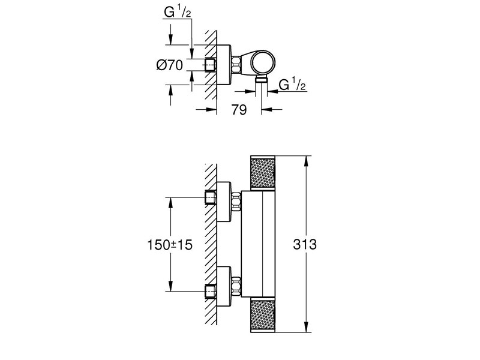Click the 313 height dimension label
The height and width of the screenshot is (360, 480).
305,245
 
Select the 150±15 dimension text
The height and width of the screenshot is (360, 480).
170,245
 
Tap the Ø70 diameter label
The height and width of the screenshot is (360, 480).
170,65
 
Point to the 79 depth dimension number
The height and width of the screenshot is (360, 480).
239,110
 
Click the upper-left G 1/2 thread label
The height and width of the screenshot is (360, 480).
178,12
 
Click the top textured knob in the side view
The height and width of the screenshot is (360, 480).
263,173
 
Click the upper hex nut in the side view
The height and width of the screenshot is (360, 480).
236,202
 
